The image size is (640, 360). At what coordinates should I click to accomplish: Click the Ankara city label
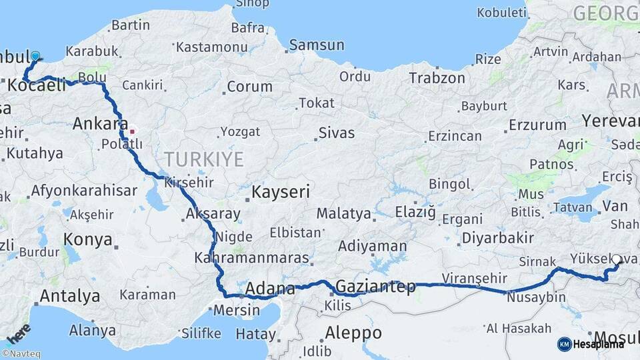[x=100, y=123]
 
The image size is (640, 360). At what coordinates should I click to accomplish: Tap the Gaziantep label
[x=376, y=287]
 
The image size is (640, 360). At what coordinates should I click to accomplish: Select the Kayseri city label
[x=281, y=193]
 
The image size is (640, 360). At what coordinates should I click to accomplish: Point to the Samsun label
[x=317, y=45]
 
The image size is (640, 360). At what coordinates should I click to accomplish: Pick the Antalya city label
[x=70, y=296]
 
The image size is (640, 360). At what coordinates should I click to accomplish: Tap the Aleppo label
[x=353, y=333]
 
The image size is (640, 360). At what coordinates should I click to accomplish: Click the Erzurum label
[x=537, y=125]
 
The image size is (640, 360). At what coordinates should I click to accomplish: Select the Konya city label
[x=87, y=240]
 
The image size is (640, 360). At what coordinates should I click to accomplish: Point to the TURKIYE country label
[x=204, y=159]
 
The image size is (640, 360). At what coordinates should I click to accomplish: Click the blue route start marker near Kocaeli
[x=35, y=57]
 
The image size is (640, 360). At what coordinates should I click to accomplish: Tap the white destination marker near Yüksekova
[x=616, y=261]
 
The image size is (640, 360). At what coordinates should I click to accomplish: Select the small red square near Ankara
[x=132, y=131]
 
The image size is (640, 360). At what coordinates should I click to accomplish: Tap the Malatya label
[x=343, y=214]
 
